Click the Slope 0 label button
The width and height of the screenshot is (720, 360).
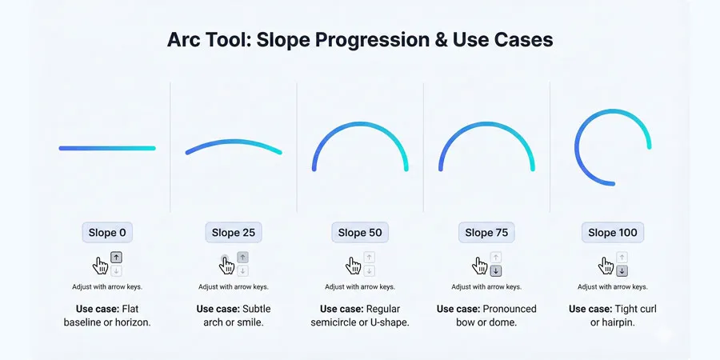pos(107,233)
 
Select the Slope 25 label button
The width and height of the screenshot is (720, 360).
pos(234,233)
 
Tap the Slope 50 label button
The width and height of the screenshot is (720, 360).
pos(360,233)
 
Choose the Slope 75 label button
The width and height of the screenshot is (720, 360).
pos(486,233)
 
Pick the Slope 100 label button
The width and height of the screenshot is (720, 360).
pos(613,233)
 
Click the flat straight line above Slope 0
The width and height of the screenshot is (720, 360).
pos(107,148)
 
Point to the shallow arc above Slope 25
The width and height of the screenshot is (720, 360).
pos(234,142)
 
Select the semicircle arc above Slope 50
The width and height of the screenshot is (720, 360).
pos(360,124)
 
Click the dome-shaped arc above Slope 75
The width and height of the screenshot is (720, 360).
pos(486,124)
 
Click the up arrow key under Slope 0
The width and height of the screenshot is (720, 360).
pos(116,258)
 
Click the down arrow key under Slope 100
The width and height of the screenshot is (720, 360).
pos(622,271)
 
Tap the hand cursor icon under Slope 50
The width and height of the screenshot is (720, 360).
pos(353,266)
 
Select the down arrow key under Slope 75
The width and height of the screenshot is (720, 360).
pos(495,271)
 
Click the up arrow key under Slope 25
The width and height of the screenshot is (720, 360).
pos(242,258)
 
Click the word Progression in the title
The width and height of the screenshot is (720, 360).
pos(357,40)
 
